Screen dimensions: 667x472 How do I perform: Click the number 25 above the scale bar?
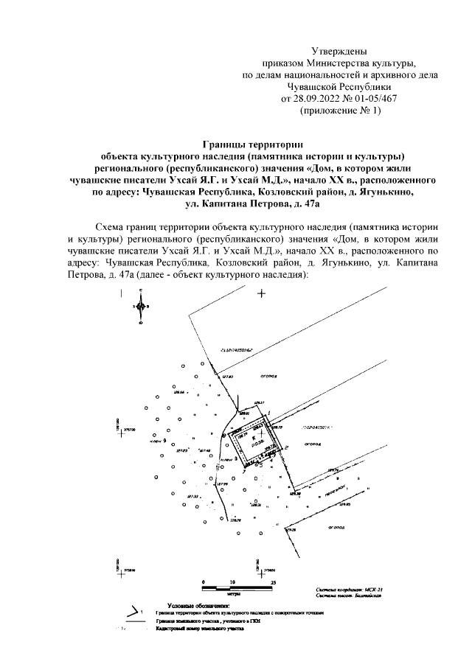pyautogui.click(x=273, y=582)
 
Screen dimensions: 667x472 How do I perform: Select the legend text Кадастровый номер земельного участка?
pyautogui.click(x=199, y=630)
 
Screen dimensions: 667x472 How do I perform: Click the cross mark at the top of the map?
pyautogui.click(x=260, y=294)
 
